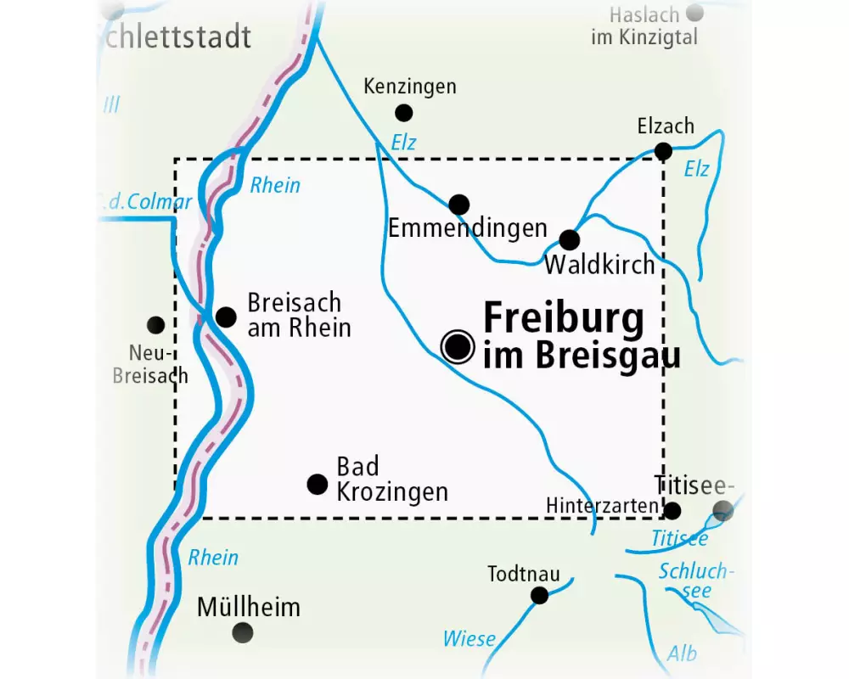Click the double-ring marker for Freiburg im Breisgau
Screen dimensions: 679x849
coord(458,346)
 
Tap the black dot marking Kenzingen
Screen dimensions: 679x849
coord(404,112)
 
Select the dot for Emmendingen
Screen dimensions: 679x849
coord(458,204)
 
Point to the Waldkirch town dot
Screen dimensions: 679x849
coord(569,239)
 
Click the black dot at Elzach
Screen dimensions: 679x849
coord(664,151)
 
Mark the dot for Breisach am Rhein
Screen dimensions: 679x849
coord(226,317)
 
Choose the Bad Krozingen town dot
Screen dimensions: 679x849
coord(317,484)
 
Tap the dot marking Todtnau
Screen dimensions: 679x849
coord(539,595)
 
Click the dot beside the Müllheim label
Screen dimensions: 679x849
coord(243,632)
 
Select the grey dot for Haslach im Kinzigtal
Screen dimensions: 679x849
coord(694,13)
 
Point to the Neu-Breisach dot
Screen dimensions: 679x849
coord(155,324)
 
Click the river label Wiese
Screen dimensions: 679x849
coord(469,638)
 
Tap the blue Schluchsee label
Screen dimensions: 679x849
coord(694,581)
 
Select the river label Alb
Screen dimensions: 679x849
coord(681,653)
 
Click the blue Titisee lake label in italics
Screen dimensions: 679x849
coord(679,537)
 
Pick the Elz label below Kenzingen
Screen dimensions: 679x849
coord(404,143)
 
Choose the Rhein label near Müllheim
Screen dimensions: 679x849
coord(213,558)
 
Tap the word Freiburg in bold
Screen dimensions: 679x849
coord(563,320)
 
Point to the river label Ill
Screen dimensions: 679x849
coord(111,105)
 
